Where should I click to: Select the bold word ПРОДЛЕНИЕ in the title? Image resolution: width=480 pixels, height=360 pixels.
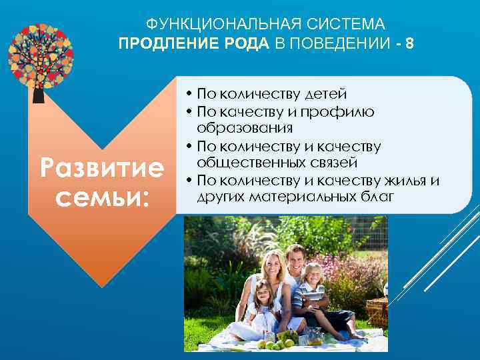(161, 43)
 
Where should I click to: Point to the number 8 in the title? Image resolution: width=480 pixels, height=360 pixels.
(409, 43)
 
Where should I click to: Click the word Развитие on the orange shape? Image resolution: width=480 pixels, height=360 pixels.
(101, 168)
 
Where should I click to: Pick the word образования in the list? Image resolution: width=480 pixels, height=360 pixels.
(245, 127)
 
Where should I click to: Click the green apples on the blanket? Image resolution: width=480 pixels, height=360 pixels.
(280, 343)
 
